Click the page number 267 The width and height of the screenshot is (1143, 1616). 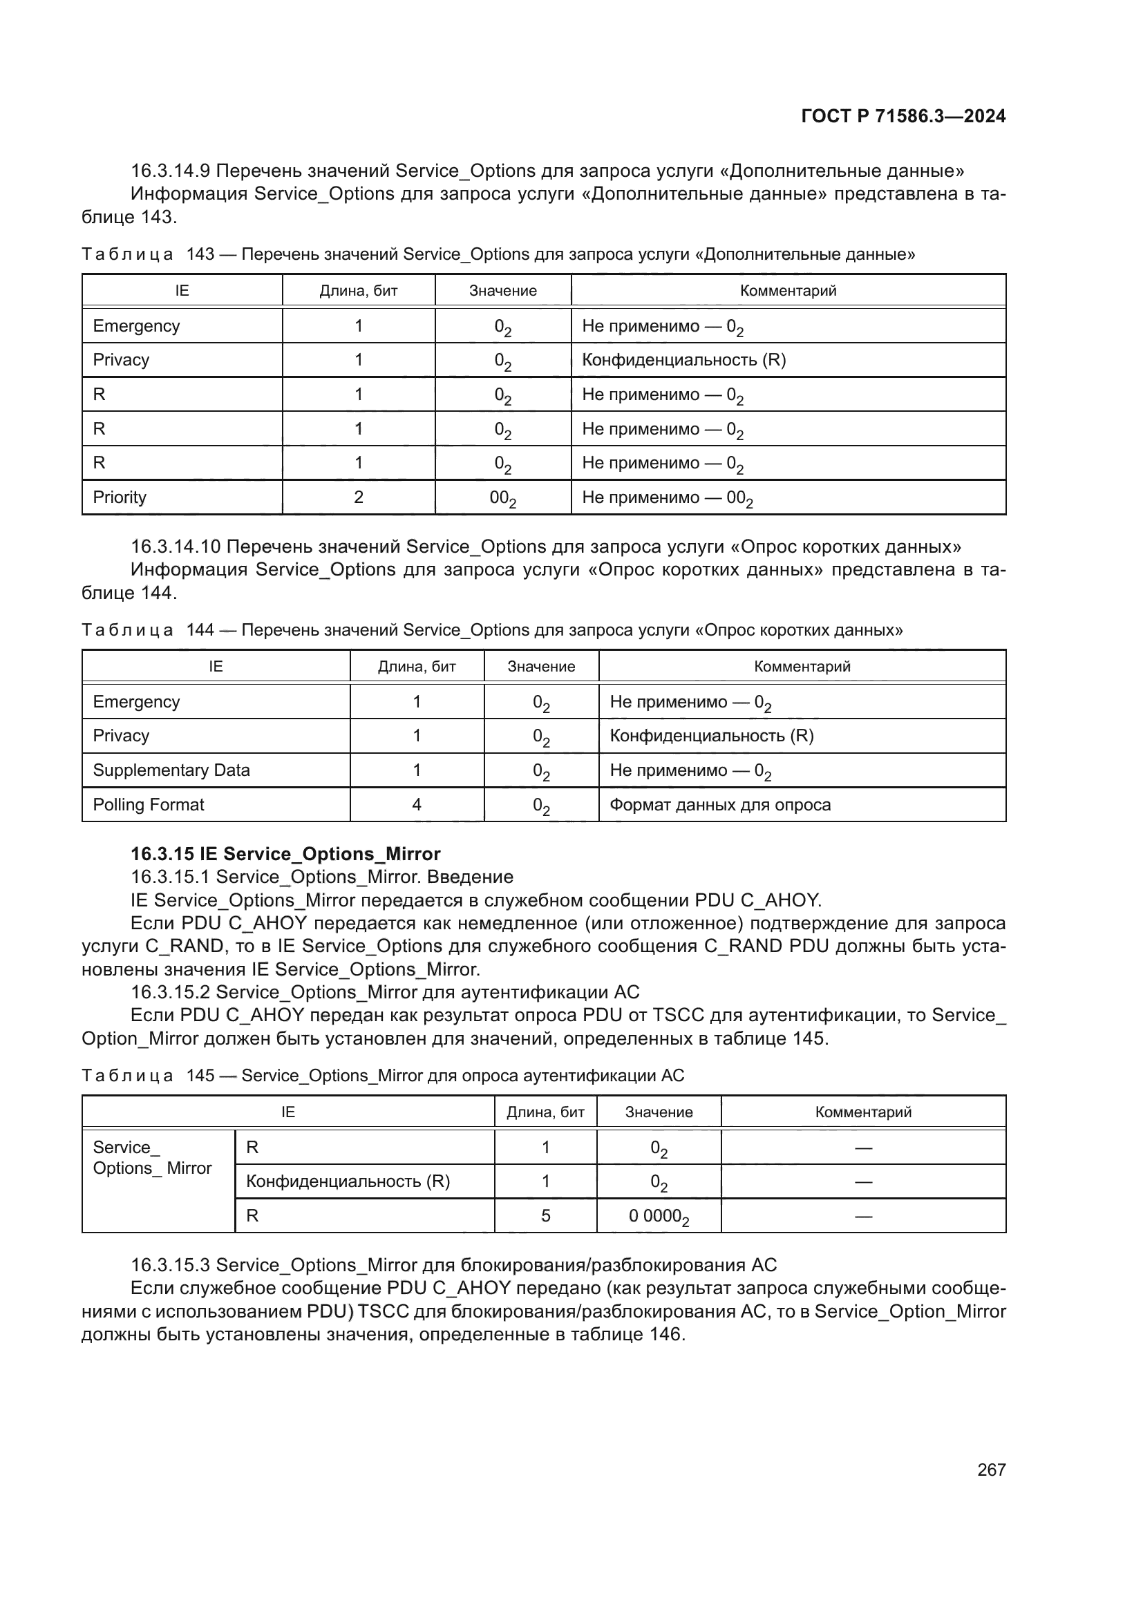pyautogui.click(x=991, y=1470)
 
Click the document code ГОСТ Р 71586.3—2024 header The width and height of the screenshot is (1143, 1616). pyautogui.click(x=903, y=116)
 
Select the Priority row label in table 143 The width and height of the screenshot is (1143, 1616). pyautogui.click(x=120, y=497)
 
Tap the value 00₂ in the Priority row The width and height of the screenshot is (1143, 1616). pyautogui.click(x=502, y=498)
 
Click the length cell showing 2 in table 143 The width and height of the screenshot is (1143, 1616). pyautogui.click(x=358, y=497)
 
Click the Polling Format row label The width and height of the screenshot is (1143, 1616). pyautogui.click(x=149, y=804)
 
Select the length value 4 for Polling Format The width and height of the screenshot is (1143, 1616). pyautogui.click(x=417, y=804)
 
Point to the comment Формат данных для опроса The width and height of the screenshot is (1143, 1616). pyautogui.click(x=720, y=804)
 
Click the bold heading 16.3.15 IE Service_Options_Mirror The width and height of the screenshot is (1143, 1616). pyautogui.click(x=285, y=854)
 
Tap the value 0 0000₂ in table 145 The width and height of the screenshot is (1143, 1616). pyautogui.click(x=658, y=1216)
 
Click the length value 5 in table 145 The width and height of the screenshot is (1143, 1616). pyautogui.click(x=545, y=1215)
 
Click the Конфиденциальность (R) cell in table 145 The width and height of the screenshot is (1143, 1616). pyautogui.click(x=348, y=1181)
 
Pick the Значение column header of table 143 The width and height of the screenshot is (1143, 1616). pyautogui.click(x=502, y=291)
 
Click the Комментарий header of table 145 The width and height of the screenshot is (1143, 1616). pyautogui.click(x=863, y=1112)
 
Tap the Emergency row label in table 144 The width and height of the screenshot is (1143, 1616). pyautogui.click(x=137, y=702)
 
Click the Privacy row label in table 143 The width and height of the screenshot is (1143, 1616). pyautogui.click(x=121, y=360)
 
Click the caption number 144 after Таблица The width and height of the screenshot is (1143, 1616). pyautogui.click(x=200, y=630)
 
